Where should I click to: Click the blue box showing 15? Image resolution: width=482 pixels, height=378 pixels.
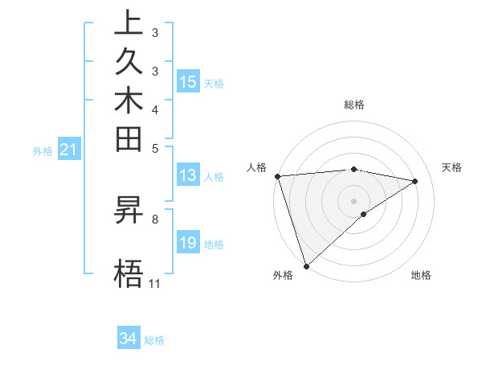click(188, 82)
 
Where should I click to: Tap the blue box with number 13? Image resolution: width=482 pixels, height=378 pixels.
click(188, 175)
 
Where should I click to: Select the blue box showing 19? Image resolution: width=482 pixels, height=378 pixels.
click(188, 243)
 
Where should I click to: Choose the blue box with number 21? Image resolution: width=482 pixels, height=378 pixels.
click(69, 149)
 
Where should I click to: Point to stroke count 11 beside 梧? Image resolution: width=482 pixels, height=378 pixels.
click(155, 284)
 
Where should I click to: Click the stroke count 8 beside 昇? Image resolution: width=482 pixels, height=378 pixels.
click(155, 218)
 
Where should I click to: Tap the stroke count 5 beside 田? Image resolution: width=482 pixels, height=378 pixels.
click(155, 148)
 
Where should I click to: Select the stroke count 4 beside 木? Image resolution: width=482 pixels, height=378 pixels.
click(155, 109)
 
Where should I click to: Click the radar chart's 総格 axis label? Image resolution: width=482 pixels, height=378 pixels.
click(354, 105)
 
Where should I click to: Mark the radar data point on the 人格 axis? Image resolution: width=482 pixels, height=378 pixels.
click(277, 176)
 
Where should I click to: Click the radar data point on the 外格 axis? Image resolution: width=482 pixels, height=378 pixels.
click(306, 265)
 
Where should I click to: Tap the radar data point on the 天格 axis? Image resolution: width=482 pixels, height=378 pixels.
click(415, 181)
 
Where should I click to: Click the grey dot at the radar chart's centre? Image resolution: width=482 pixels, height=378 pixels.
click(354, 200)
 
